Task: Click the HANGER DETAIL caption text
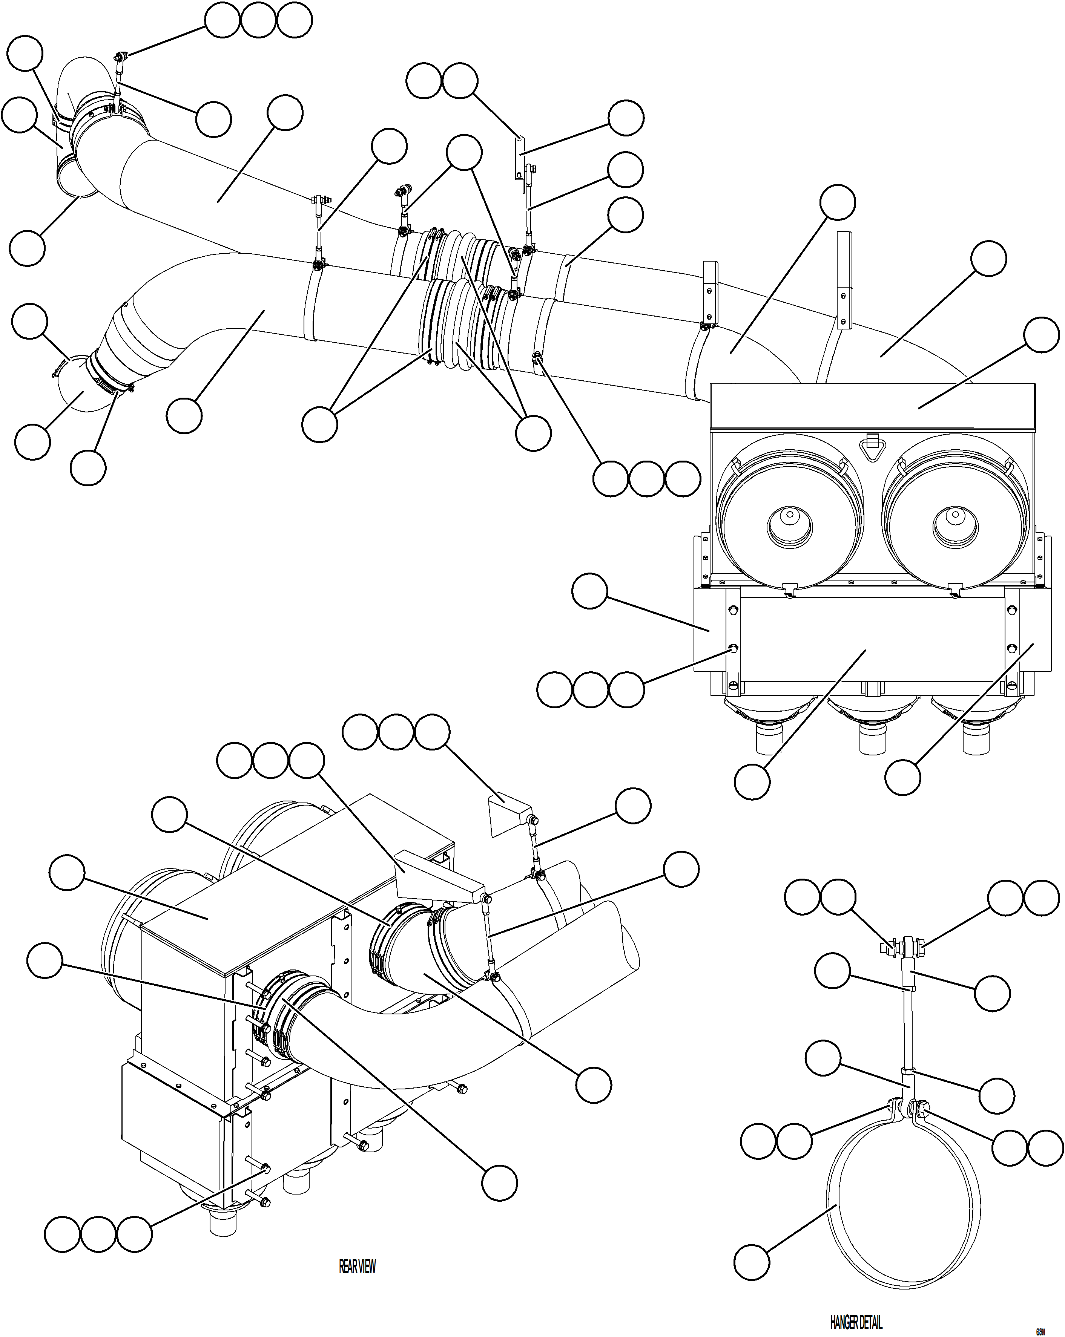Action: (856, 1322)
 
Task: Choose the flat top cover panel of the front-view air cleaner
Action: (965, 406)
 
